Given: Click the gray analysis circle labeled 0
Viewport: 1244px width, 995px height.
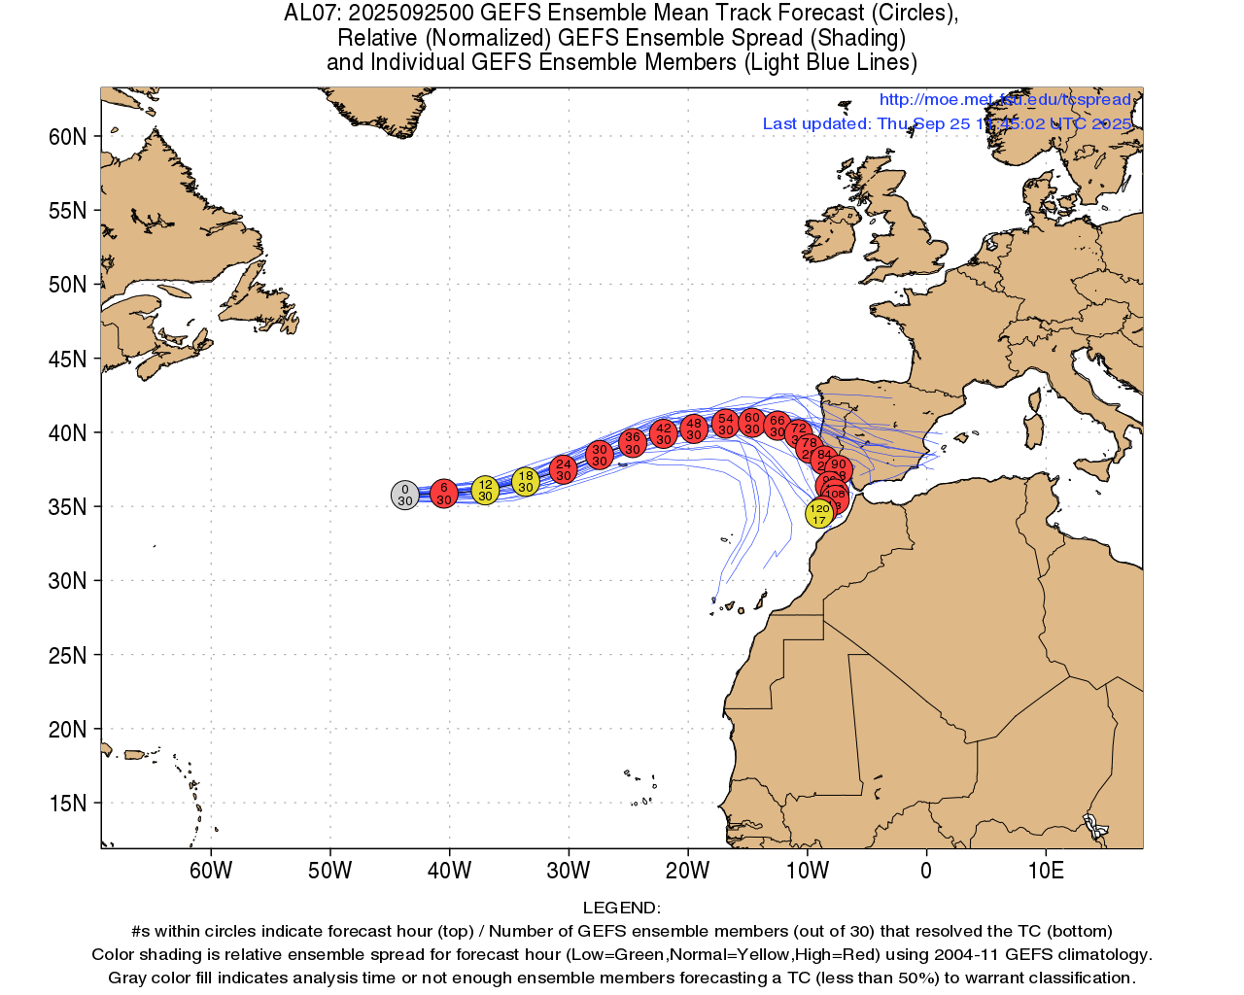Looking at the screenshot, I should (x=405, y=496).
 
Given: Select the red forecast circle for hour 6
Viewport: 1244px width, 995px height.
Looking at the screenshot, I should (x=444, y=494).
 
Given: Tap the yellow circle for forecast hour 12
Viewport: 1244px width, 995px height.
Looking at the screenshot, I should (x=485, y=490).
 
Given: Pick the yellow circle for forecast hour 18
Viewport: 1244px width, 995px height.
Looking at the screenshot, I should (x=526, y=481).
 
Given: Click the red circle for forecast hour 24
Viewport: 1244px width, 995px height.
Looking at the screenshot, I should (x=564, y=469).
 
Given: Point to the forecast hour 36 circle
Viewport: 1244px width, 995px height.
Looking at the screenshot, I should (x=633, y=443).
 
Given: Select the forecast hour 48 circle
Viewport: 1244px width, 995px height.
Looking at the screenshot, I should (x=693, y=429).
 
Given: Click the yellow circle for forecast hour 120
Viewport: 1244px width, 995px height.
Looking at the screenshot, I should (x=819, y=514).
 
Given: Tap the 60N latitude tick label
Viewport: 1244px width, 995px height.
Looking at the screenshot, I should (x=68, y=137).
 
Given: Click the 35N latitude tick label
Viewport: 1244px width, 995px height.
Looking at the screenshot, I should (x=68, y=507).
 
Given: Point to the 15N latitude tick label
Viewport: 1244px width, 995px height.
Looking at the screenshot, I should (x=68, y=804).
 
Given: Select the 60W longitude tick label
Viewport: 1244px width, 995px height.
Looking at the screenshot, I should (x=211, y=871).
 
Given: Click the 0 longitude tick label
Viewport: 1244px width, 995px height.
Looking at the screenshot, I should (x=926, y=871).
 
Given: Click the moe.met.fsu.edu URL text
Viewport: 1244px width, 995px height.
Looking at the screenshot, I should (x=1005, y=100).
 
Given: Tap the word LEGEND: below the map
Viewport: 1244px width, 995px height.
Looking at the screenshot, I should (x=621, y=909).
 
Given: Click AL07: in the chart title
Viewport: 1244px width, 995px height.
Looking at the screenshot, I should (x=312, y=14).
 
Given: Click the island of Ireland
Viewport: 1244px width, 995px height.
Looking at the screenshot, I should (x=831, y=231).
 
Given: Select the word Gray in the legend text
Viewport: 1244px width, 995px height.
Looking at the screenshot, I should (x=129, y=978).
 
